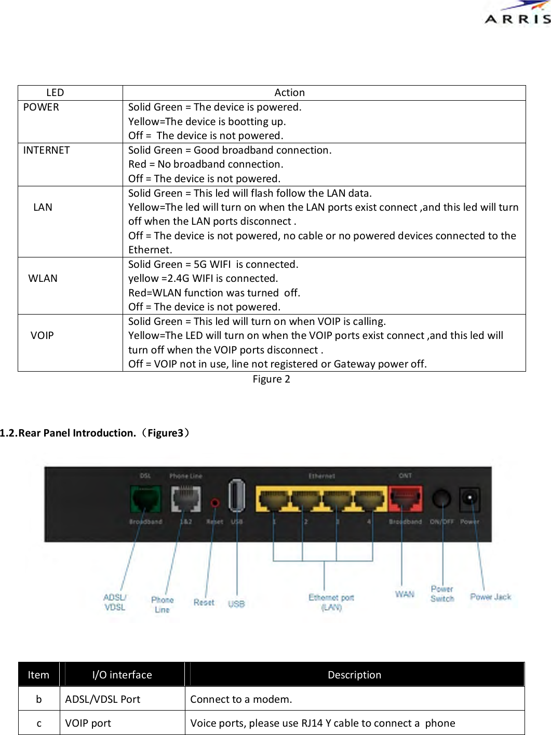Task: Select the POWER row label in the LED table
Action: point(41,107)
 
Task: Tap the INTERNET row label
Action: point(46,150)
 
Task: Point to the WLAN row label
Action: point(43,278)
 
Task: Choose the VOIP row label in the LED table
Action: point(42,335)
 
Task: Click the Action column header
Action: point(289,92)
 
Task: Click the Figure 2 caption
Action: point(271,379)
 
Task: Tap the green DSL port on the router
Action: point(145,499)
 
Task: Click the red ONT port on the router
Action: point(405,499)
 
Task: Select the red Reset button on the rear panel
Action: point(214,502)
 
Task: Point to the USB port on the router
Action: point(236,496)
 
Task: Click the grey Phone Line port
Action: point(185,499)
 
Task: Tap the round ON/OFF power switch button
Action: point(441,499)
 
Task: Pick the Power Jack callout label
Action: point(490,597)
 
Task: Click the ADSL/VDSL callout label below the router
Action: point(115,603)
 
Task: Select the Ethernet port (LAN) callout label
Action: point(331,603)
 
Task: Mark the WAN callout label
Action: point(405,594)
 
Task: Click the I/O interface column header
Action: point(122,675)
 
